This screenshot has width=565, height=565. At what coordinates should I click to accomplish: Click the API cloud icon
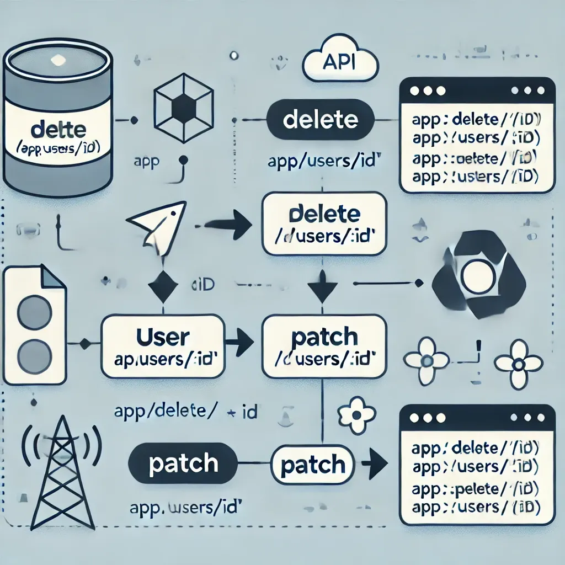point(340,62)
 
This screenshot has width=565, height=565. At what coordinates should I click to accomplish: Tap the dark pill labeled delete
point(319,120)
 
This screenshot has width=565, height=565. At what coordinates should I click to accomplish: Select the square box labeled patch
point(324,346)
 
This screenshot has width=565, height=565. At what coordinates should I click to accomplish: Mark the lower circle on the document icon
point(34,354)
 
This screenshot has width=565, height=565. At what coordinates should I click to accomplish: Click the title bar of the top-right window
point(476,89)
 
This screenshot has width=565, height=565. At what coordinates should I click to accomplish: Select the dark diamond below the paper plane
point(163,286)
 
